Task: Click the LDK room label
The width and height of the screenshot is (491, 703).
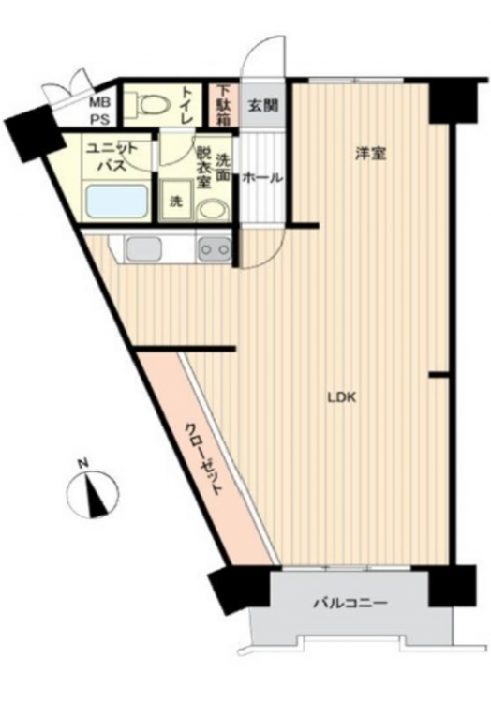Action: [x=342, y=397]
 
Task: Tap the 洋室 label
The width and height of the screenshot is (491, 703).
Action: [x=371, y=154]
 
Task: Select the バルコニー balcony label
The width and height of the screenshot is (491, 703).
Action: [x=350, y=603]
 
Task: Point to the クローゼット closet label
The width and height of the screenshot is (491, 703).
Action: [x=204, y=458]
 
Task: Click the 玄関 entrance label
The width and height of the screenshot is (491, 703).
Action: [x=264, y=106]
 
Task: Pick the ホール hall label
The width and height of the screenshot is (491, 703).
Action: [x=262, y=178]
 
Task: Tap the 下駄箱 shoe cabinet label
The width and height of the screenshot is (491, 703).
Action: [x=222, y=105]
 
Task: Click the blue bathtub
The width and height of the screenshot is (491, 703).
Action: [x=117, y=202]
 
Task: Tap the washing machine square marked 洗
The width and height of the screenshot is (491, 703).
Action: [x=176, y=201]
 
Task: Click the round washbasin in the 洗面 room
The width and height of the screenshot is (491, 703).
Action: [x=212, y=209]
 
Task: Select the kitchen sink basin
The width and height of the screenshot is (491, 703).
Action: [x=143, y=248]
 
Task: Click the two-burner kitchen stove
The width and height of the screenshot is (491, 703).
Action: [x=215, y=249]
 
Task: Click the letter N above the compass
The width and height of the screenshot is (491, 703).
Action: [x=82, y=464]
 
